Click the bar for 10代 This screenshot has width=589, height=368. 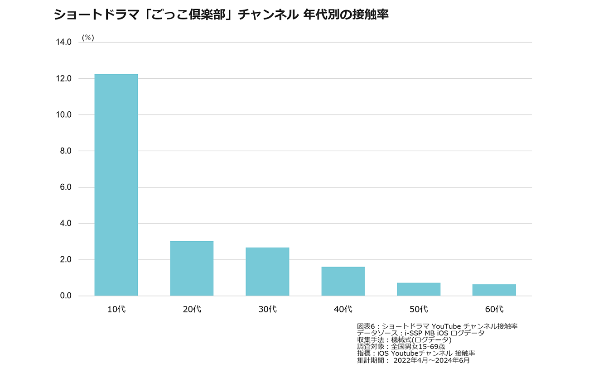click(116, 185)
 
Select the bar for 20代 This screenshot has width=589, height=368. click(192, 268)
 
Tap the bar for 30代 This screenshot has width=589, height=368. click(267, 272)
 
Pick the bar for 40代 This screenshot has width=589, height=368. click(343, 281)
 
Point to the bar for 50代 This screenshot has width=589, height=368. click(419, 289)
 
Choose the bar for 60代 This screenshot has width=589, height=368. click(494, 290)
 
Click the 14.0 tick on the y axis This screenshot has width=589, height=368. click(63, 42)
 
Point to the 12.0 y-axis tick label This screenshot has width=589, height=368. click(63, 78)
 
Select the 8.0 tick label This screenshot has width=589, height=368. click(65, 151)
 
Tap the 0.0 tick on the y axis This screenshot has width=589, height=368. click(65, 296)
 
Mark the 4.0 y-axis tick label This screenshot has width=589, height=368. click(65, 224)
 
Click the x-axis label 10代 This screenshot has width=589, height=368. click(116, 310)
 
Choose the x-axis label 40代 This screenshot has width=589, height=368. click(343, 310)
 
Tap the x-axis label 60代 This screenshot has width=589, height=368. click(494, 310)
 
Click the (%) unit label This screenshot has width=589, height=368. click(88, 38)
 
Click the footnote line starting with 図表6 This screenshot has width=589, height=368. click(437, 326)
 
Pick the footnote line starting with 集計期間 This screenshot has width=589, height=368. click(413, 361)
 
